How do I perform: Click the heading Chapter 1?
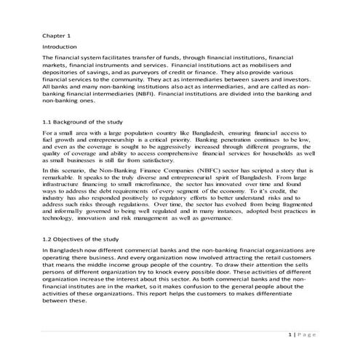[57, 35]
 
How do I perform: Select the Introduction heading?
[63, 46]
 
